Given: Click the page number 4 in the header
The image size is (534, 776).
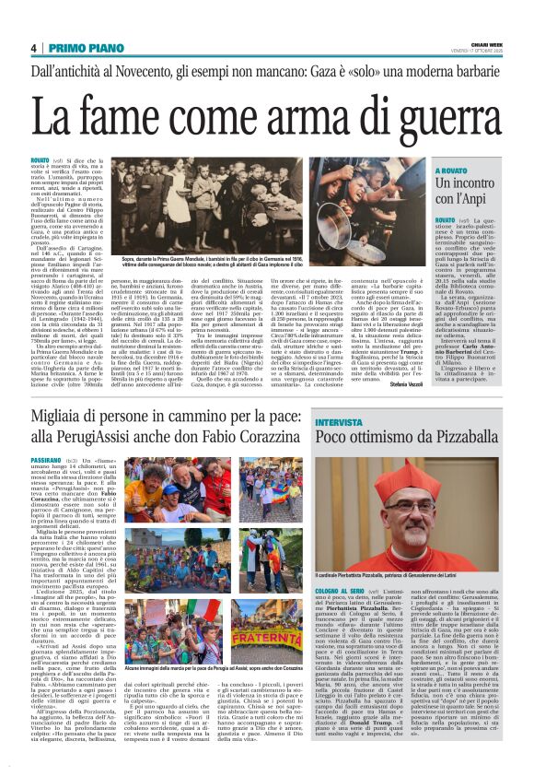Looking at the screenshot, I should click(33, 48).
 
